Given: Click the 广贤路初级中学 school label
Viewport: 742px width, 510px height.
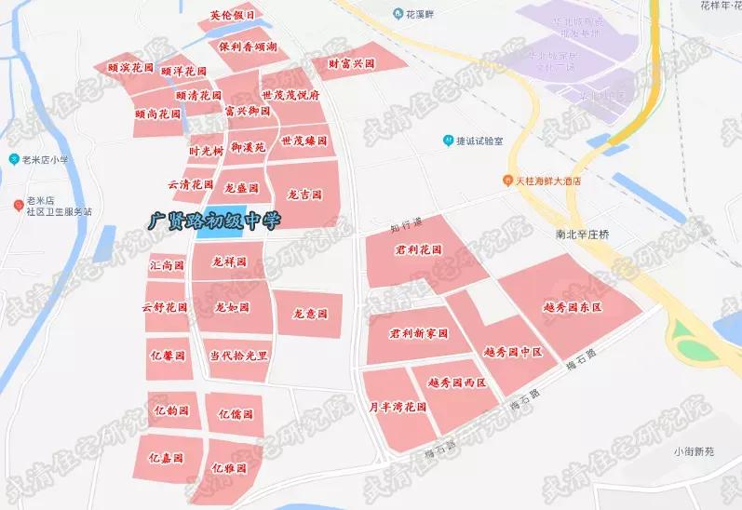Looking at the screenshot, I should coord(213,220).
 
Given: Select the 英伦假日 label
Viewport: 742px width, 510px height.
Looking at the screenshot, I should coord(231,16).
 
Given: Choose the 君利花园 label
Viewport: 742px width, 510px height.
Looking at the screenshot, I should coord(415,250).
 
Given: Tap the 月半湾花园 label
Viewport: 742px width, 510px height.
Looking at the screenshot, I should coord(397,408).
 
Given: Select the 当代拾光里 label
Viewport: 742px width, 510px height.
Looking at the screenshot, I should coord(237,356).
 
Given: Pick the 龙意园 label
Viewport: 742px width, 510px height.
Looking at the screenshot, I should coord(310,315).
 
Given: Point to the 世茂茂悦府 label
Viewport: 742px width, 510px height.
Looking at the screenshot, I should coord(290,95).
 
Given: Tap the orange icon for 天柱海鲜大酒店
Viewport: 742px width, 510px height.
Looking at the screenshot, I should coord(507,181).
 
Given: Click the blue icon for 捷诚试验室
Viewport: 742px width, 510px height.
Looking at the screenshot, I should coord(448,141).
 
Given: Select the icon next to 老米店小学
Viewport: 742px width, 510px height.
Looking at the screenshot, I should coord(14,159).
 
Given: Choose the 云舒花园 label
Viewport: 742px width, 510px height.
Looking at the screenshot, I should coord(165,308).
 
